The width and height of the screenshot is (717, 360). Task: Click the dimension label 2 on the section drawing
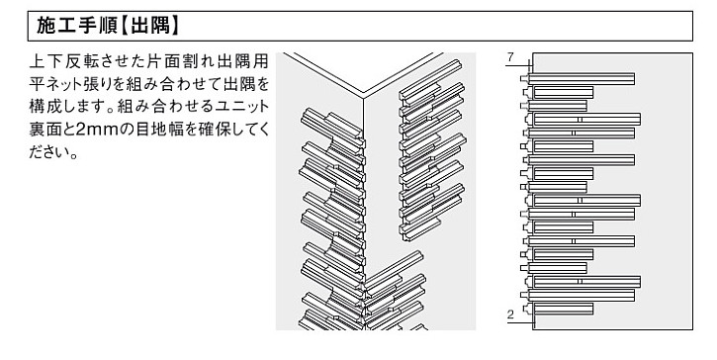pyautogui.click(x=509, y=314)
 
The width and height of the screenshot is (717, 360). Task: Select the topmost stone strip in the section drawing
pyautogui.click(x=583, y=79)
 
